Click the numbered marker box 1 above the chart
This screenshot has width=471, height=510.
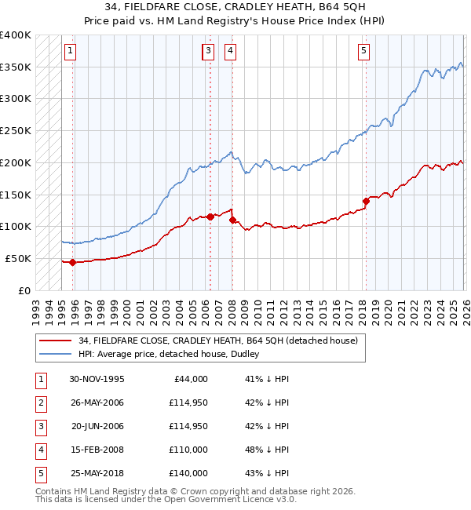70,52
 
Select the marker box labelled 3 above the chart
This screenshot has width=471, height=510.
208,52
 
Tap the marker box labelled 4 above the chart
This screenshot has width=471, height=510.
230,52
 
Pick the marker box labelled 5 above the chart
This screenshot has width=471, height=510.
364,52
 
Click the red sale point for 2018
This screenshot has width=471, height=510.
366,201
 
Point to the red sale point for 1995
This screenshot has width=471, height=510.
72,262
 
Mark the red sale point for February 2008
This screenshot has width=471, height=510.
232,220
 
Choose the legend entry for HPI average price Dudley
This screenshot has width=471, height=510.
172,354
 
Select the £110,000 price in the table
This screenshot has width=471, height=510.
188,450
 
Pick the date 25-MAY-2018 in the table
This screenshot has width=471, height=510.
97,473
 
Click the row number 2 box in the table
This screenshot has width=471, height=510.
39,403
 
